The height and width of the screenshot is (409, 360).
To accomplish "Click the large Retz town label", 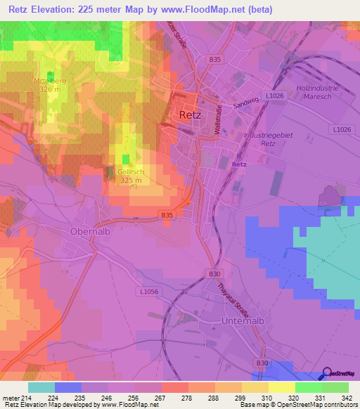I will tap(190, 115).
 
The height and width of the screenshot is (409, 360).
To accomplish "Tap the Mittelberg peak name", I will tap(50, 81).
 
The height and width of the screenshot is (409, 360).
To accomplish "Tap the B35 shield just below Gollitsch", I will tap(167, 214).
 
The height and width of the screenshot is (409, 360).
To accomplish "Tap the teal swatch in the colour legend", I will tap(41, 387).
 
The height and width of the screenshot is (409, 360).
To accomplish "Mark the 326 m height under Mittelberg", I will tap(50, 90).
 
